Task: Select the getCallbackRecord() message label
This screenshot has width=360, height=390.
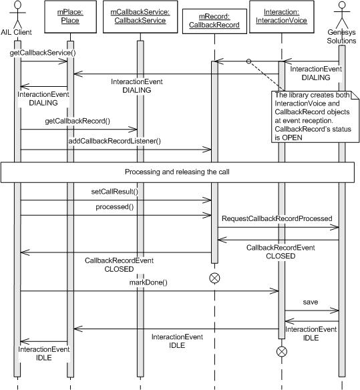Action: [x=77, y=121]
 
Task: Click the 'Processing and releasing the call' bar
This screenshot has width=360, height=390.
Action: [x=179, y=171]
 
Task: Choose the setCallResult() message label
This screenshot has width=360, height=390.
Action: [x=114, y=192]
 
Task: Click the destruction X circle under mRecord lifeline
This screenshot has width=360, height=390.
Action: [x=214, y=278]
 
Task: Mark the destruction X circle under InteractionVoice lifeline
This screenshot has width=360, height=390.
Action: [x=282, y=350]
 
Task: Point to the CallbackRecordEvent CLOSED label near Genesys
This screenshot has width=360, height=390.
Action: [x=280, y=251]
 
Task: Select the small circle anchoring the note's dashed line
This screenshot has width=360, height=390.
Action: [x=248, y=61]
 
